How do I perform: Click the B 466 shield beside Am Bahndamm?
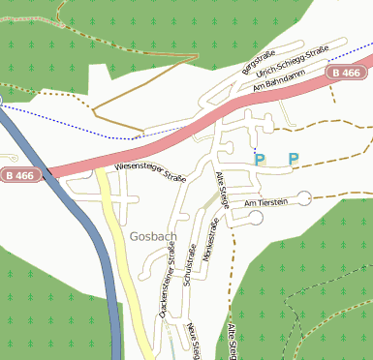[x=344, y=73]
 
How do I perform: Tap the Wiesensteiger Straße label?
[x=150, y=172]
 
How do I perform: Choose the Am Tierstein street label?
[x=267, y=203]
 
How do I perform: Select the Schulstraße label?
[x=189, y=253]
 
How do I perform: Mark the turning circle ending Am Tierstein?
[x=305, y=197]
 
